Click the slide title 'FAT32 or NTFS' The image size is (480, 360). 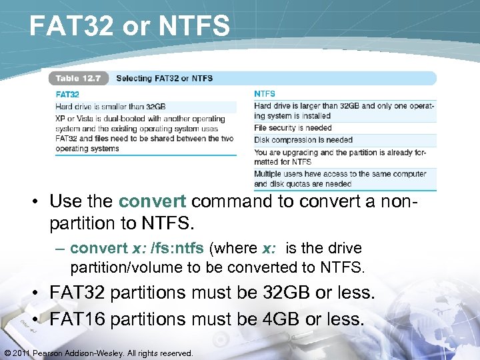coord(130,27)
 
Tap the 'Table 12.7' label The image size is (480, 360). coord(78,78)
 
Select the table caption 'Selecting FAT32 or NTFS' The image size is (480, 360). coord(164,78)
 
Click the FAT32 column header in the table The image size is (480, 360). coord(67,95)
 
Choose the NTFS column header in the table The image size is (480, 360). coord(265,94)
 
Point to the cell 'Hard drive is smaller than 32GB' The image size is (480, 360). coord(111,106)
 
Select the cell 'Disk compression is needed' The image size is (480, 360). coord(303,140)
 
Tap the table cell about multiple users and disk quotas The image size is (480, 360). coord(340,179)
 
